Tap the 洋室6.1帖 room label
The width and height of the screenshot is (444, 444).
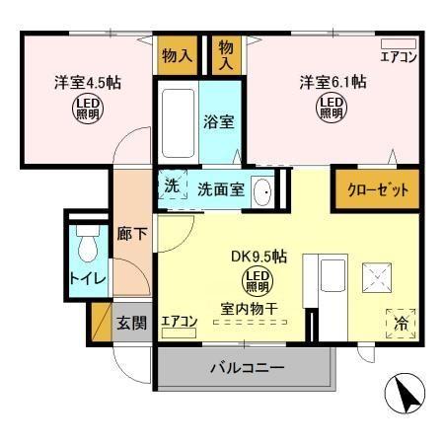tap(333, 82)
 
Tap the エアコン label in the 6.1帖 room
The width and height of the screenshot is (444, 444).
tap(399, 55)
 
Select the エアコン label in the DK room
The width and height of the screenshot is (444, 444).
tap(180, 321)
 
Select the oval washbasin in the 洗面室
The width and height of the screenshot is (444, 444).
tap(262, 191)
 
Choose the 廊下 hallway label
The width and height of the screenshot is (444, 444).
tap(129, 237)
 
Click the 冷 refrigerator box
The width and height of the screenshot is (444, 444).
tap(400, 322)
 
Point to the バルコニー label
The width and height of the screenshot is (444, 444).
tap(247, 369)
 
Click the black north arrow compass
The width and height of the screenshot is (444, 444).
tap(407, 396)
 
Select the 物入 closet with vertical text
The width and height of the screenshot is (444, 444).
tap(226, 54)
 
